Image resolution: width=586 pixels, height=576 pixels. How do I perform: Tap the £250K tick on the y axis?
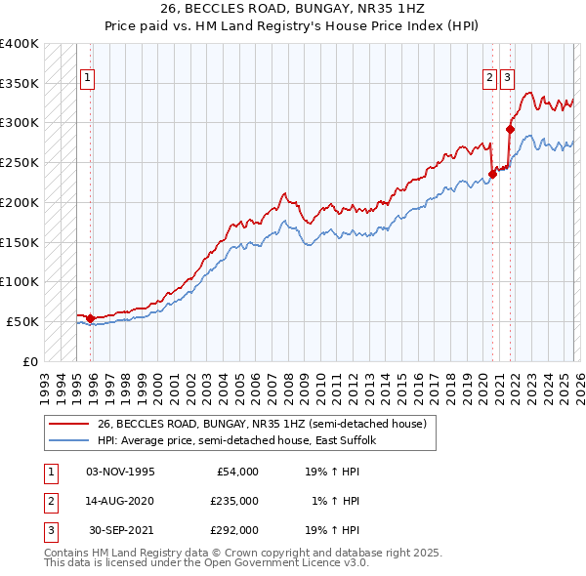pyautogui.click(x=20, y=162)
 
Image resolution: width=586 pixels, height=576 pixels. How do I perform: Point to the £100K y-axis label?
pyautogui.click(x=20, y=281)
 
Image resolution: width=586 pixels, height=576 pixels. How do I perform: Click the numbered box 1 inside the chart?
pyautogui.click(x=87, y=81)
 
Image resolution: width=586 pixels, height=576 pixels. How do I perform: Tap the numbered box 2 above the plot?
pyautogui.click(x=489, y=81)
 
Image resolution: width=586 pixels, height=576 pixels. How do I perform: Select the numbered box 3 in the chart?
pyautogui.click(x=507, y=81)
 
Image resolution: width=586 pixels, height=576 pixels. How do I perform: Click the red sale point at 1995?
pyautogui.click(x=90, y=318)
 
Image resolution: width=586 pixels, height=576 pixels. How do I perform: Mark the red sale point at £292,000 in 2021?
pyautogui.click(x=510, y=129)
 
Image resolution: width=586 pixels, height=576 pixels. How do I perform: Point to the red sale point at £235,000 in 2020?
pyautogui.click(x=492, y=175)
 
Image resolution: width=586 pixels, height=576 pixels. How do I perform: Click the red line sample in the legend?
pyautogui.click(x=69, y=425)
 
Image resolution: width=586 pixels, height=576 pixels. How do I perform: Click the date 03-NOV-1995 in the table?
pyautogui.click(x=120, y=472)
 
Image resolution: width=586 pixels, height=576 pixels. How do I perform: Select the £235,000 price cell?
pyautogui.click(x=234, y=501)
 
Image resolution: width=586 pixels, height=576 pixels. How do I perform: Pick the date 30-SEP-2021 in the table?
pyautogui.click(x=121, y=530)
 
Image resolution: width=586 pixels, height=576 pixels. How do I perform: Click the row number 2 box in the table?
pyautogui.click(x=48, y=501)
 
